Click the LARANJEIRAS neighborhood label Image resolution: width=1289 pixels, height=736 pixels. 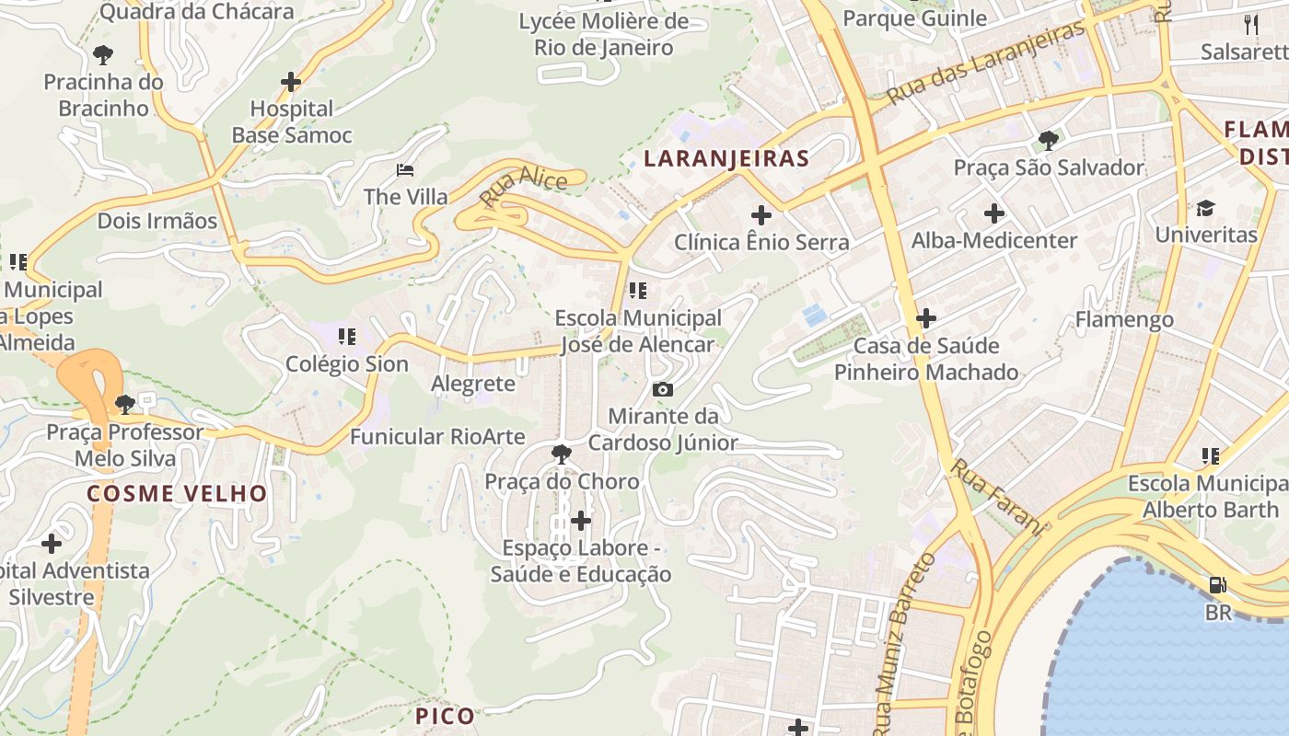[x=726, y=158]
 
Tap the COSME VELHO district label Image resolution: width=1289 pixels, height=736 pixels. [x=177, y=493]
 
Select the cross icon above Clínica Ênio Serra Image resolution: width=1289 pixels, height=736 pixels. [x=761, y=215]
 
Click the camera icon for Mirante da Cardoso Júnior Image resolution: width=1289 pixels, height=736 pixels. [x=662, y=390]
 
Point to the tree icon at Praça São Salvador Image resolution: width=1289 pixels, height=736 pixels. [x=1048, y=141]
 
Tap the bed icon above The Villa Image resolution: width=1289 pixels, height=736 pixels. [x=405, y=170]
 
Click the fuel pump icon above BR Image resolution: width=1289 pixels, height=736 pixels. [x=1217, y=585]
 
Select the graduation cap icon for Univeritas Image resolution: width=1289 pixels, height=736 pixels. [x=1206, y=208]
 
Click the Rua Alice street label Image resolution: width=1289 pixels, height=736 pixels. [x=523, y=187]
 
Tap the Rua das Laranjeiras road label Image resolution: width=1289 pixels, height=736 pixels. [x=986, y=64]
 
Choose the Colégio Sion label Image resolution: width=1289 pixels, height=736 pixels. [x=346, y=363]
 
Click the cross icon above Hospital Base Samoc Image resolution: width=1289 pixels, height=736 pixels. [x=291, y=82]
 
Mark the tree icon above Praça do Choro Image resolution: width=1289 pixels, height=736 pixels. [x=561, y=454]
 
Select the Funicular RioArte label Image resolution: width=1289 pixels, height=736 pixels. [x=437, y=436]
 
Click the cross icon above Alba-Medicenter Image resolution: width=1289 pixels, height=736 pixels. [x=994, y=213]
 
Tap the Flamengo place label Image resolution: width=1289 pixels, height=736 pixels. [x=1124, y=319]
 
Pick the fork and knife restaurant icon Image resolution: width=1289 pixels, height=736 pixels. [x=1250, y=24]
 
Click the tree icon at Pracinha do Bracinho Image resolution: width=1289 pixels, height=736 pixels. [x=104, y=55]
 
